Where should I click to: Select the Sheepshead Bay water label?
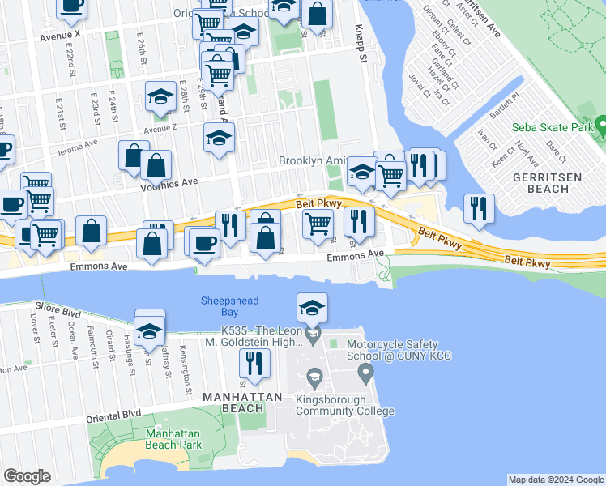tap(229, 306)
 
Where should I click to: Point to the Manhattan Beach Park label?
tap(173, 439)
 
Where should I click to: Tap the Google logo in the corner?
tap(27, 476)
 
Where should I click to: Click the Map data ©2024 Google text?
tap(555, 480)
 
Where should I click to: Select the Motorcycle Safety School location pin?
tap(365, 373)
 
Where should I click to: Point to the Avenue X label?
tap(61, 36)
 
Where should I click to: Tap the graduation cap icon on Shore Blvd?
tap(150, 330)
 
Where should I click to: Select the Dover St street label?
tap(35, 330)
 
